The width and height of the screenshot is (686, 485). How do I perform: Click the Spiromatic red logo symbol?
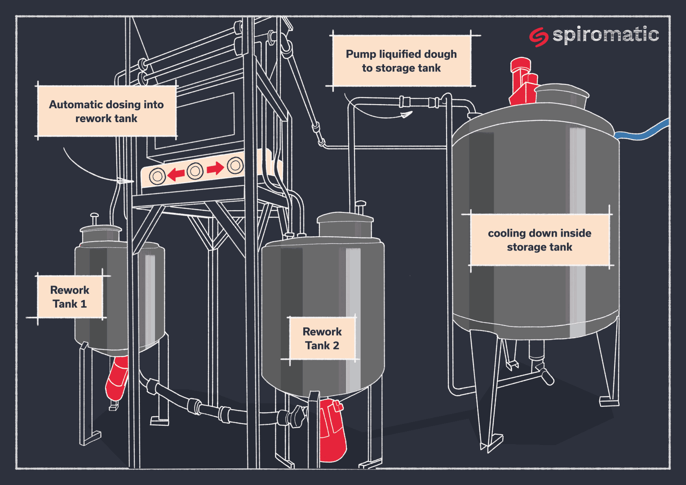[x=538, y=37]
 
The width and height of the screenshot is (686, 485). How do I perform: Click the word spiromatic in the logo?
[x=605, y=35]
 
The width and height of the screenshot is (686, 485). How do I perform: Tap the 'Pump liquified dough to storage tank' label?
[x=401, y=61]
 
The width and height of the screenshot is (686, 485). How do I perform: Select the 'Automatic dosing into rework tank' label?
[x=106, y=111]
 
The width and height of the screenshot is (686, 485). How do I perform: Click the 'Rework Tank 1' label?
[x=70, y=297]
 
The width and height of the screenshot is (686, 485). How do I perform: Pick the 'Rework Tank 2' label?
[x=322, y=339]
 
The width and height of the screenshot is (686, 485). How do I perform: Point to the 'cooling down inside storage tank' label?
[x=540, y=240]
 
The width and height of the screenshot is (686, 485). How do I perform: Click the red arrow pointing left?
[x=176, y=173]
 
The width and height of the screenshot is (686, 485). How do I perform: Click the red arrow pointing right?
[x=215, y=168]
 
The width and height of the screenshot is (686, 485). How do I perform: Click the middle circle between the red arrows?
[x=195, y=171]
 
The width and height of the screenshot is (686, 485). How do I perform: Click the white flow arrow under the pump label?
[x=406, y=115]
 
